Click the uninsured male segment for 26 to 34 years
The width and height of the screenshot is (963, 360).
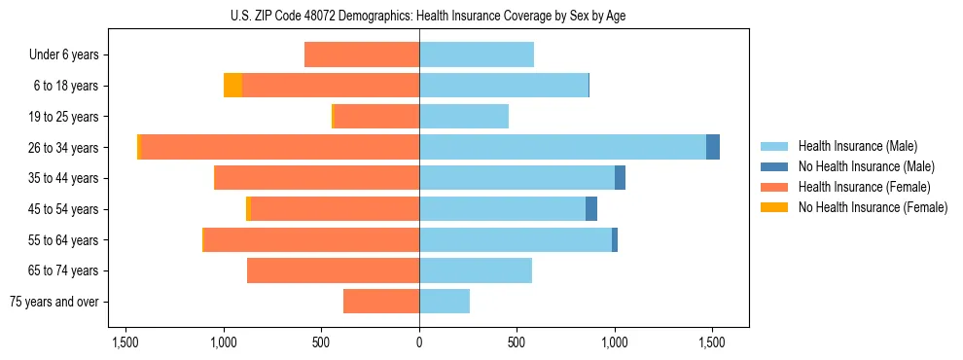713,147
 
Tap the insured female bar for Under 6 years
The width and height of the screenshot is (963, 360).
362,54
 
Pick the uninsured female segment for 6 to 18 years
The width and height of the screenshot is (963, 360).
232,86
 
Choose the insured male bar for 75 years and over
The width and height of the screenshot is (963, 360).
445,302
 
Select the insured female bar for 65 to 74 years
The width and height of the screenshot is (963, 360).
333,270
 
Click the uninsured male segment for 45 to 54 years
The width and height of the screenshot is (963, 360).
591,208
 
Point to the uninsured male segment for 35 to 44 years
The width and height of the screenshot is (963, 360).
620,178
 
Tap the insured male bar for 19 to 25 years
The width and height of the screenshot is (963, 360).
464,117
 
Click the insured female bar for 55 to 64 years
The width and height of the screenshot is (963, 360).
311,239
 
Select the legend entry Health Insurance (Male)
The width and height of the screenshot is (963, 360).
857,146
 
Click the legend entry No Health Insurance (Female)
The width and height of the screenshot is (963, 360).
873,207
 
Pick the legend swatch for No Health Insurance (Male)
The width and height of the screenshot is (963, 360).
775,166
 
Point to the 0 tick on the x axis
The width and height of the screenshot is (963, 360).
419,342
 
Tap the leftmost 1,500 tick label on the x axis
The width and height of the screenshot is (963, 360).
126,342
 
